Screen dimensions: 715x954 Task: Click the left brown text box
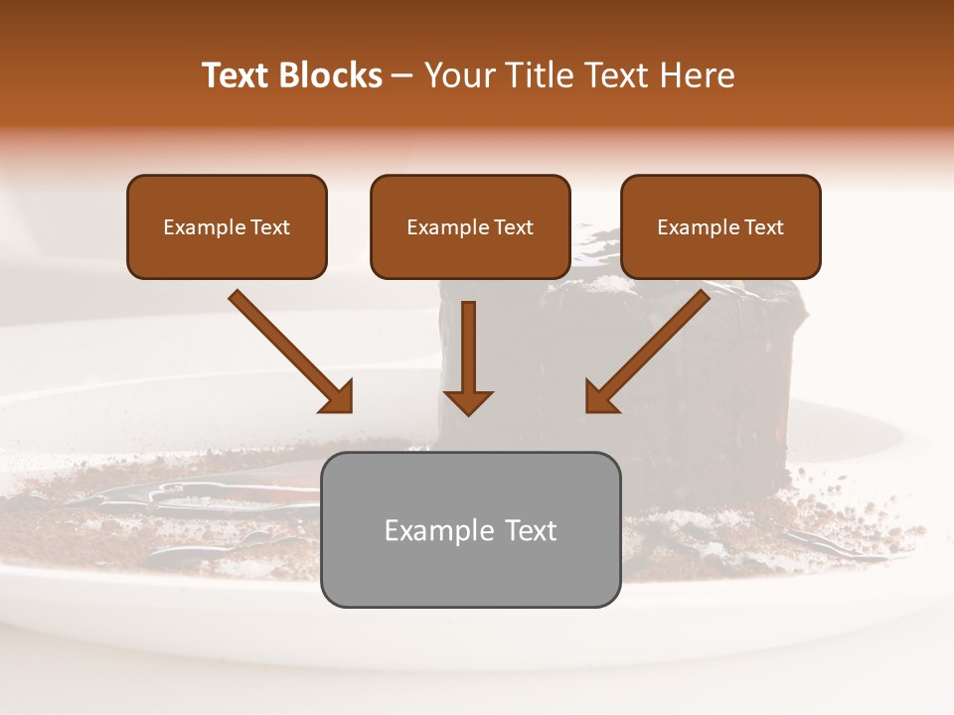227,226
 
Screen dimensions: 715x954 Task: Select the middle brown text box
470,226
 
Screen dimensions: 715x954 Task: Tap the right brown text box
720,226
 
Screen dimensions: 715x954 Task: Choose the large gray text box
470,529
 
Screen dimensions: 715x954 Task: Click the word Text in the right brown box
763,227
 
